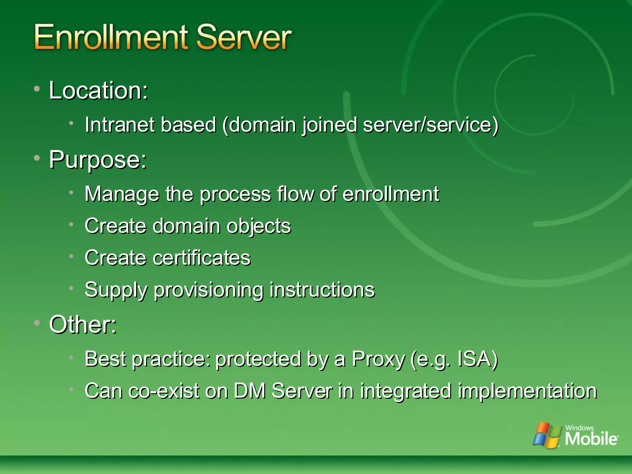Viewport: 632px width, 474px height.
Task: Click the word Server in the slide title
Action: [x=244, y=38]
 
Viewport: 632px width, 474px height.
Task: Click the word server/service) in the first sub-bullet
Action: [x=431, y=125]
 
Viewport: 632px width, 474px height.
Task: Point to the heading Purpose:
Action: [x=98, y=160]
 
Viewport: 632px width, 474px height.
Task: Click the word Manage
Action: [x=122, y=194]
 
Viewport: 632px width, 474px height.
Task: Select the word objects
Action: [x=259, y=227]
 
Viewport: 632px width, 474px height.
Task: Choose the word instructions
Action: [x=322, y=290]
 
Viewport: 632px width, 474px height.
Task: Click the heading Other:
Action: [x=83, y=325]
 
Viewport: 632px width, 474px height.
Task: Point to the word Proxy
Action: [x=378, y=359]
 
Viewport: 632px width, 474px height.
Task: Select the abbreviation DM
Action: [x=249, y=391]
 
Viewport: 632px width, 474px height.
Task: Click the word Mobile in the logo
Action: [x=591, y=439]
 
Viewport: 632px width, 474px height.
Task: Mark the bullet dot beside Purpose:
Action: [x=37, y=158]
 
